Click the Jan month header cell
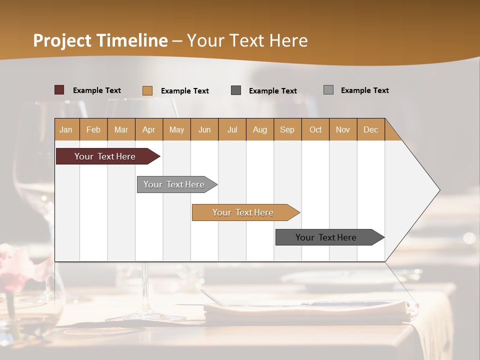pyautogui.click(x=66, y=129)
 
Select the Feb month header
pyautogui.click(x=93, y=129)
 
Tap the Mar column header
pyautogui.click(x=121, y=129)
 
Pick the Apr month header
pyautogui.click(x=149, y=129)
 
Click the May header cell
pyautogui.click(x=176, y=129)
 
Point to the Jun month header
pyautogui.click(x=204, y=129)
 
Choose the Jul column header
pyautogui.click(x=232, y=129)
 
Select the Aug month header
pyautogui.click(x=260, y=129)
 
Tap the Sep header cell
pyautogui.click(x=287, y=129)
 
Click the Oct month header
pyautogui.click(x=315, y=129)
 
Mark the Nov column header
pyautogui.click(x=343, y=129)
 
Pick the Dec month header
pyautogui.click(x=371, y=129)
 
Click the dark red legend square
pyautogui.click(x=59, y=90)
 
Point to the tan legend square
pyautogui.click(x=147, y=90)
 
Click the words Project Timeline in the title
pyautogui.click(x=100, y=40)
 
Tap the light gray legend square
pyautogui.click(x=328, y=90)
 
